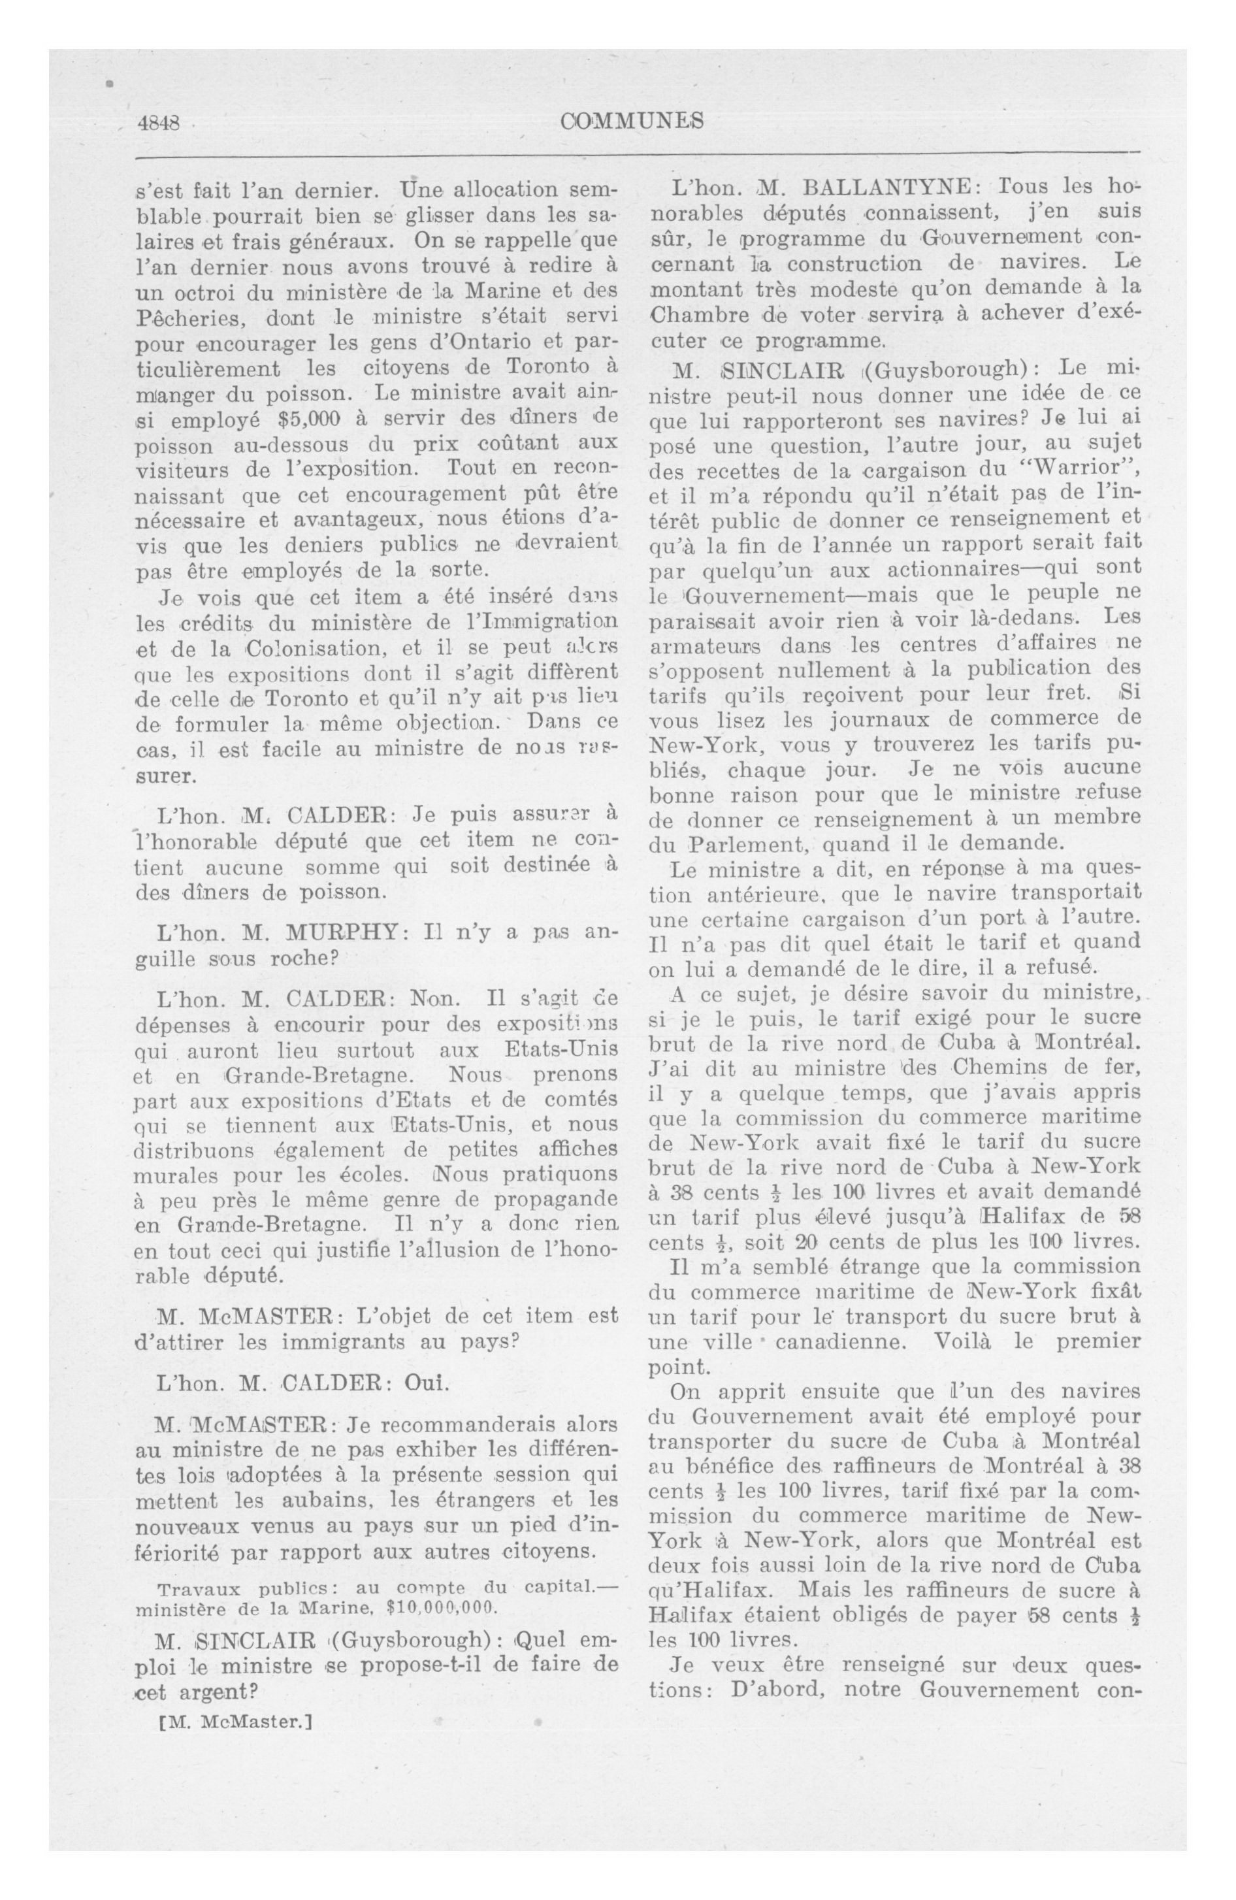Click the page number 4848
coord(159,123)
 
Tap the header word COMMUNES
coord(632,122)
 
